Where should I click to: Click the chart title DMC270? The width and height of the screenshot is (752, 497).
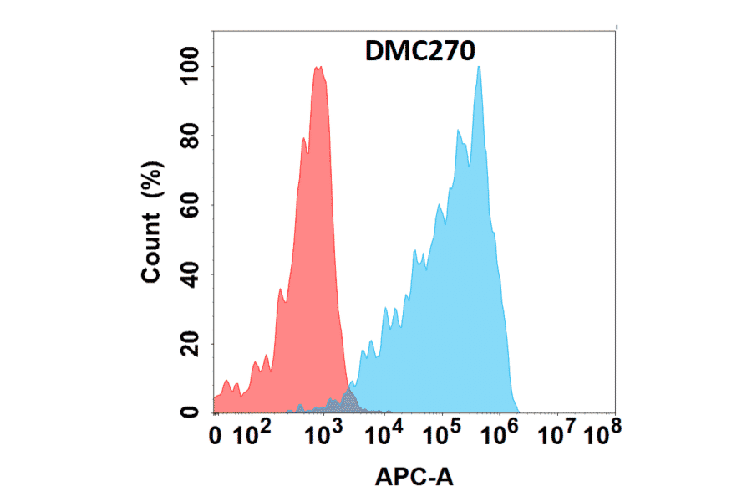click(x=421, y=52)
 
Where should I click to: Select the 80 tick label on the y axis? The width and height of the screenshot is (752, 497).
click(x=192, y=136)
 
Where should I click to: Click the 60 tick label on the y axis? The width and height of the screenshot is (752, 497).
click(x=192, y=205)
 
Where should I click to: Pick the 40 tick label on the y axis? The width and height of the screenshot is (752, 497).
click(x=192, y=274)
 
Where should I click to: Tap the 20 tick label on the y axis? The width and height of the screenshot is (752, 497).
click(x=192, y=344)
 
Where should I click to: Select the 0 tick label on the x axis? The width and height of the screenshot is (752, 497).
click(x=216, y=435)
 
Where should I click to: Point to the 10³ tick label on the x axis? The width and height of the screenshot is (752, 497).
click(x=321, y=433)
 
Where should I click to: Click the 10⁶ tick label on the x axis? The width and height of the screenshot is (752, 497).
click(x=502, y=433)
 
